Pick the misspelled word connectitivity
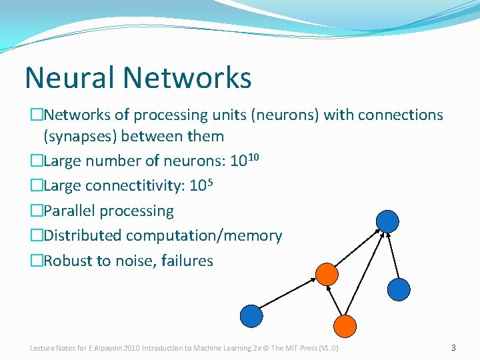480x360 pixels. click(136, 187)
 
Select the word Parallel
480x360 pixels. click(70, 211)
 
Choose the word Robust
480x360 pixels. click(68, 261)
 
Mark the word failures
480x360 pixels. click(186, 261)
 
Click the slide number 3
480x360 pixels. click(453, 347)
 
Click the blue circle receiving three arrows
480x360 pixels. click(387, 221)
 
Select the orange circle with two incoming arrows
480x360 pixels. click(327, 273)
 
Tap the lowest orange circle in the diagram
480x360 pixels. click(345, 325)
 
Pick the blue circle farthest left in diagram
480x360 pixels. click(251, 315)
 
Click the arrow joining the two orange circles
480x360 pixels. click(336, 299)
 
